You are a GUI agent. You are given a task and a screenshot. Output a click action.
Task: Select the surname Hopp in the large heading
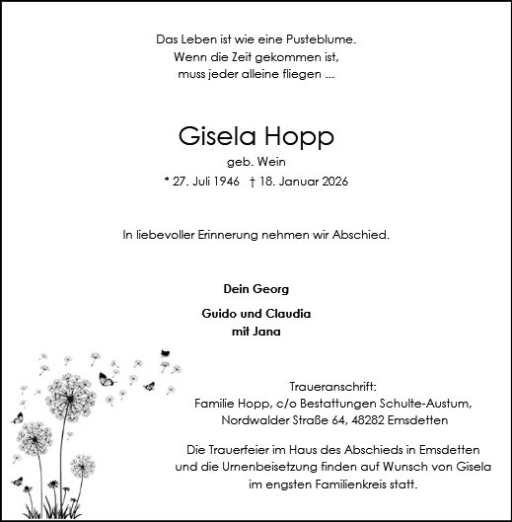click(300, 135)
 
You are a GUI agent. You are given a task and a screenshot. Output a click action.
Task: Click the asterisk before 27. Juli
click(167, 183)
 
